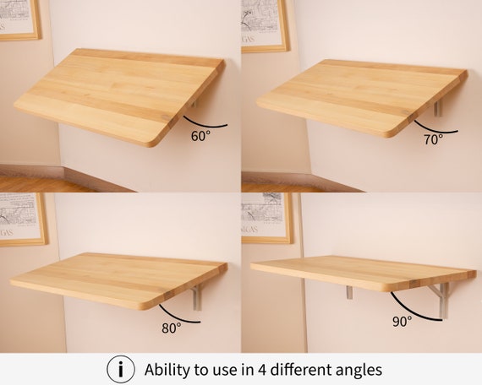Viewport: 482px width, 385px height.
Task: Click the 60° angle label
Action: point(200,135)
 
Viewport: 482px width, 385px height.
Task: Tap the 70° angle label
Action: point(433,140)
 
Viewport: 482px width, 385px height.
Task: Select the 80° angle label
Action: point(172,328)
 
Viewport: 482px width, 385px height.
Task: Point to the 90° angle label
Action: point(403,321)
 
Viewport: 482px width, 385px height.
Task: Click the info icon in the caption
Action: point(120,369)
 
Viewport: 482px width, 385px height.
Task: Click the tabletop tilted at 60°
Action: point(118,93)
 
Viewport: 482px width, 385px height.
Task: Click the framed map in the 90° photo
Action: point(268,218)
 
